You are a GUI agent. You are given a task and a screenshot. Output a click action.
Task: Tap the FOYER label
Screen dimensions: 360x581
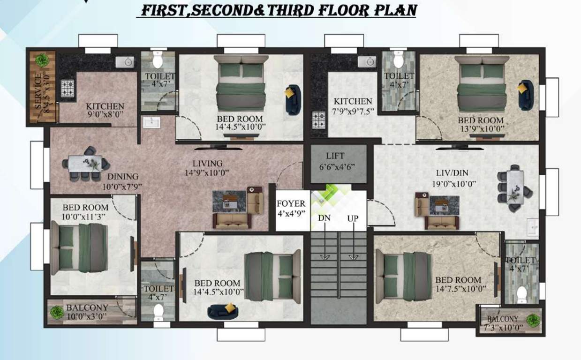click(291, 204)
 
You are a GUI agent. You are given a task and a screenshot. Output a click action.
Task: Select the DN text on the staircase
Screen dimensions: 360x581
click(324, 218)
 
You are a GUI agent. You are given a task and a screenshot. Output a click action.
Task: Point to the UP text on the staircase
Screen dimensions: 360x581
click(353, 218)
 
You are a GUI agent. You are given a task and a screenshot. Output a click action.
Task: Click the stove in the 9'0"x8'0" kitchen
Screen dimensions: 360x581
click(68, 88)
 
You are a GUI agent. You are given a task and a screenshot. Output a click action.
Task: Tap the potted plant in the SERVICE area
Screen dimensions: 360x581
click(42, 60)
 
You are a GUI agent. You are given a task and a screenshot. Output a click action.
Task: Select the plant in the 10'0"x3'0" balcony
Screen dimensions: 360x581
click(57, 312)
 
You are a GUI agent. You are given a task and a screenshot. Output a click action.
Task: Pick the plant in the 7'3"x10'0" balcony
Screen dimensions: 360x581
click(533, 320)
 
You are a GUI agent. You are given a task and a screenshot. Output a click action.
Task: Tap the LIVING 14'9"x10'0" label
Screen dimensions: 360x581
click(207, 168)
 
